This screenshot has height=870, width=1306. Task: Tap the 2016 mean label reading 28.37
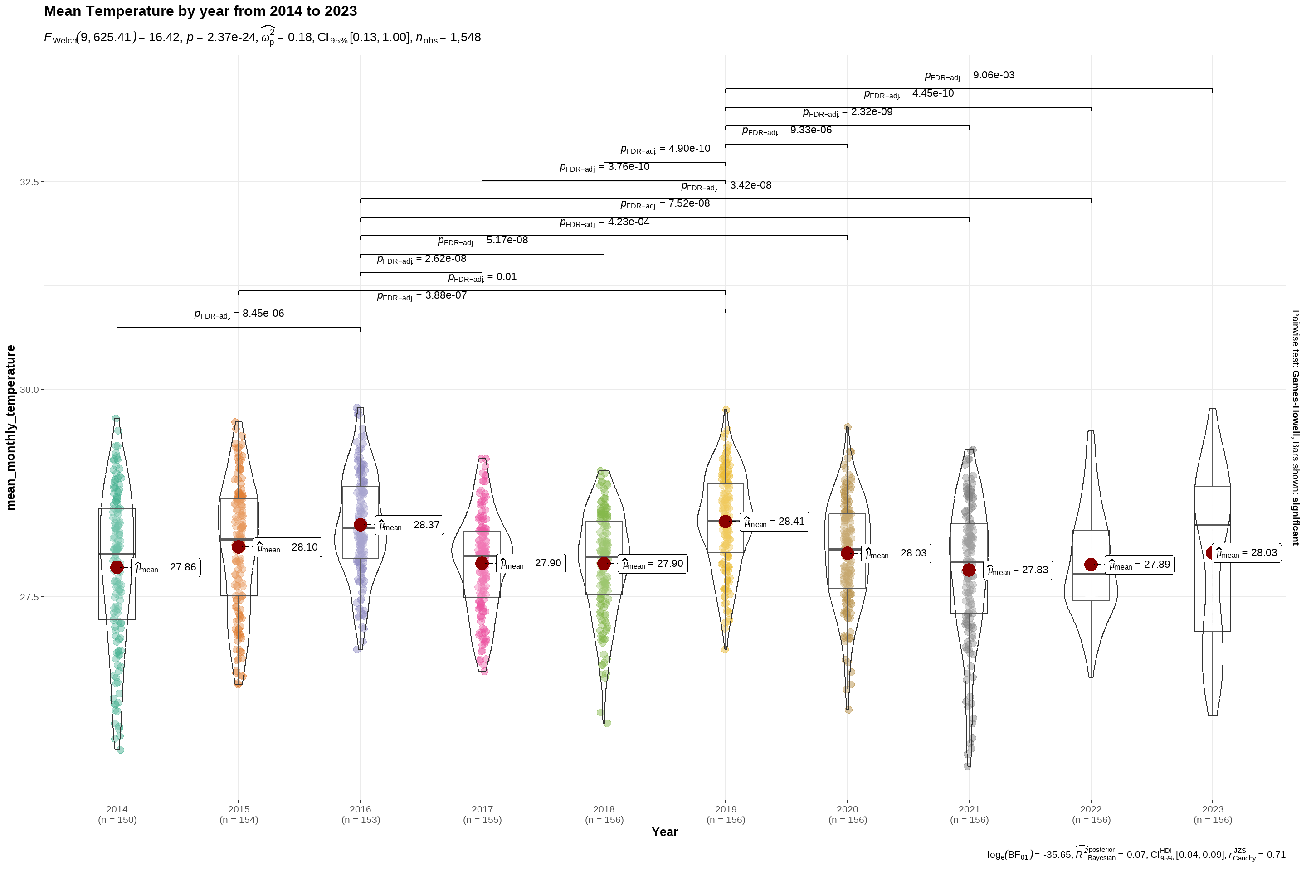(410, 525)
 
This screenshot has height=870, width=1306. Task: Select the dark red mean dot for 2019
(725, 522)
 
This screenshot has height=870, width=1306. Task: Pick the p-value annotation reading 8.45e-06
(239, 314)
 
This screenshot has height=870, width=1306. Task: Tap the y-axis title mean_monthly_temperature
(10, 427)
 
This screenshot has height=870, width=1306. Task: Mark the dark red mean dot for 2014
(117, 567)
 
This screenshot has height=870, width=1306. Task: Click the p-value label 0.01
(482, 277)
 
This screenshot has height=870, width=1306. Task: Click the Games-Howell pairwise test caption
(1295, 427)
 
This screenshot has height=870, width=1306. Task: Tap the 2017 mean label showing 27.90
(531, 563)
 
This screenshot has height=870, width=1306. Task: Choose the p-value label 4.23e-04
(604, 222)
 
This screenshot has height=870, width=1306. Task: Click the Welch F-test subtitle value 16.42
(164, 37)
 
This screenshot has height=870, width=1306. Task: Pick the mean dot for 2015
(239, 546)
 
